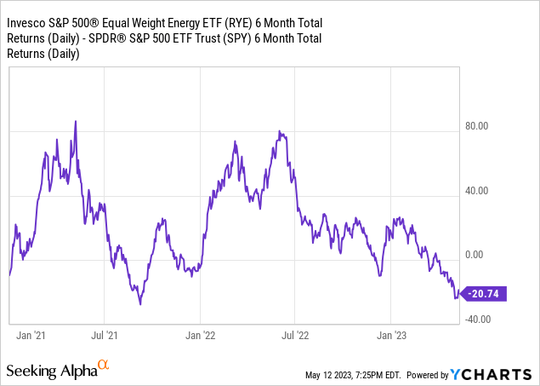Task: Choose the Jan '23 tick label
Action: [x=390, y=336]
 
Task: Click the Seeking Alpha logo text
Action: [x=51, y=371]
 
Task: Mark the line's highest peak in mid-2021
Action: [x=76, y=121]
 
